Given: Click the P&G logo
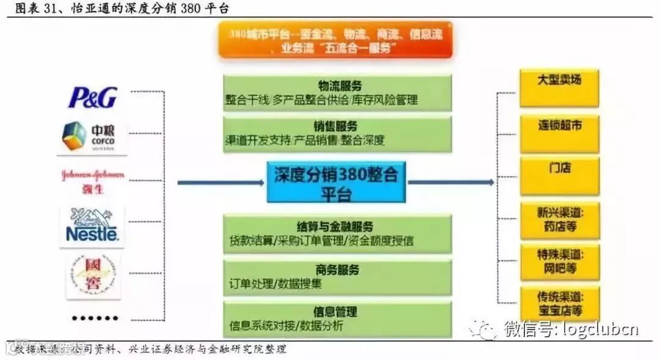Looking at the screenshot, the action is point(92,97).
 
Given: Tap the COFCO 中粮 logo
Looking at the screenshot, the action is point(92,136).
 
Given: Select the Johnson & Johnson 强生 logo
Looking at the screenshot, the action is point(92,181).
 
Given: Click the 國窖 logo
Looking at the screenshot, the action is point(92,276).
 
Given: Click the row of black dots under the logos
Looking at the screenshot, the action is point(94,318).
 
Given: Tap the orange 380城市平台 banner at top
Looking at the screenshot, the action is point(335,41).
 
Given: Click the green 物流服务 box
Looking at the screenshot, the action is point(337,93).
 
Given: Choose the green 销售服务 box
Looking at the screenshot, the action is point(337,134).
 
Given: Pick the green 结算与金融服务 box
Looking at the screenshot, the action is point(337,233).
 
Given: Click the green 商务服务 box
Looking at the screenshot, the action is point(337,276).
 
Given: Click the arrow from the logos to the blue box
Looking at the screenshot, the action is point(221,182).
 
